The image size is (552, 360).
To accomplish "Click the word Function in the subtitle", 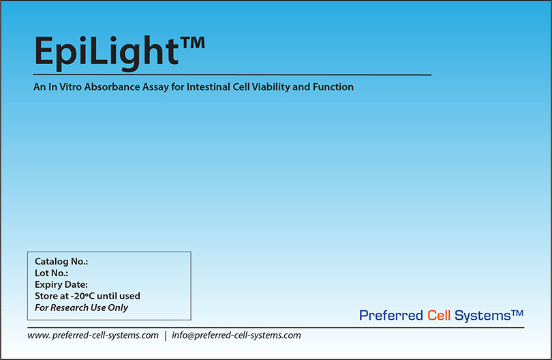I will (x=333, y=87).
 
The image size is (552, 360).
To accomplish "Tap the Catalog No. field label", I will (x=61, y=262).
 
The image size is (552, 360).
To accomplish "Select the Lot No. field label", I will (x=51, y=273).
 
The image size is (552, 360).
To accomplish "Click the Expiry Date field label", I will (x=61, y=285).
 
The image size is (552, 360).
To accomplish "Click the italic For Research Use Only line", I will (x=81, y=307).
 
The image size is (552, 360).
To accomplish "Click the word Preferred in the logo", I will (x=391, y=315).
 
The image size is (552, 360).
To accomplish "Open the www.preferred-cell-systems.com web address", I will (x=93, y=335).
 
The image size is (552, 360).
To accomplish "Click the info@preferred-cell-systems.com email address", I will (x=236, y=335).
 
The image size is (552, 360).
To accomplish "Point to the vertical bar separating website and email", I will (x=166, y=335).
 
